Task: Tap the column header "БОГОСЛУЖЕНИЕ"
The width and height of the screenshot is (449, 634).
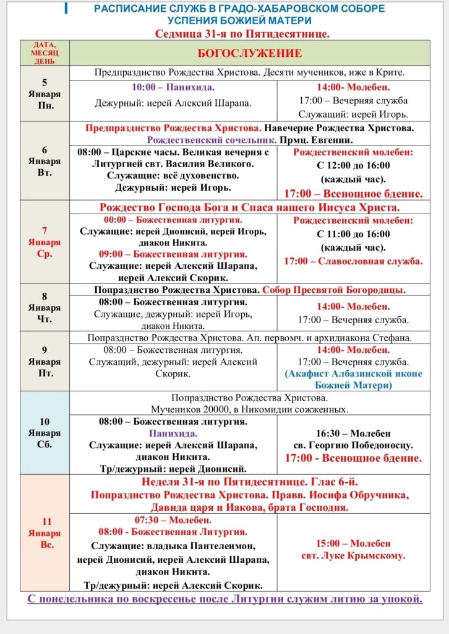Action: click(249, 53)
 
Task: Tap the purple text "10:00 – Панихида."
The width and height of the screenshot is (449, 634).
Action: click(173, 87)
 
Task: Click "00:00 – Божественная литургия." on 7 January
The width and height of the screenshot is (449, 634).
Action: click(173, 220)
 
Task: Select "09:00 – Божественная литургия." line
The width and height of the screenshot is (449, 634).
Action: click(173, 254)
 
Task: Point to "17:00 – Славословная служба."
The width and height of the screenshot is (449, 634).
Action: click(353, 261)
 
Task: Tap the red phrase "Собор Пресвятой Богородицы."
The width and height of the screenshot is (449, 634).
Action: click(334, 290)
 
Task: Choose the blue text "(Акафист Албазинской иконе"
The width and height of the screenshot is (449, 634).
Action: click(353, 373)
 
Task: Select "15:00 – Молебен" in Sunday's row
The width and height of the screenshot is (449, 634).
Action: click(353, 543)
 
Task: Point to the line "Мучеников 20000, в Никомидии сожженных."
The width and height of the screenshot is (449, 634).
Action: click(249, 409)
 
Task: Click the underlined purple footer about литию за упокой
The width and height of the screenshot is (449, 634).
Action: click(224, 599)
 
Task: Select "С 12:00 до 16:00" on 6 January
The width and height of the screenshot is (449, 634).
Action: click(353, 165)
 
